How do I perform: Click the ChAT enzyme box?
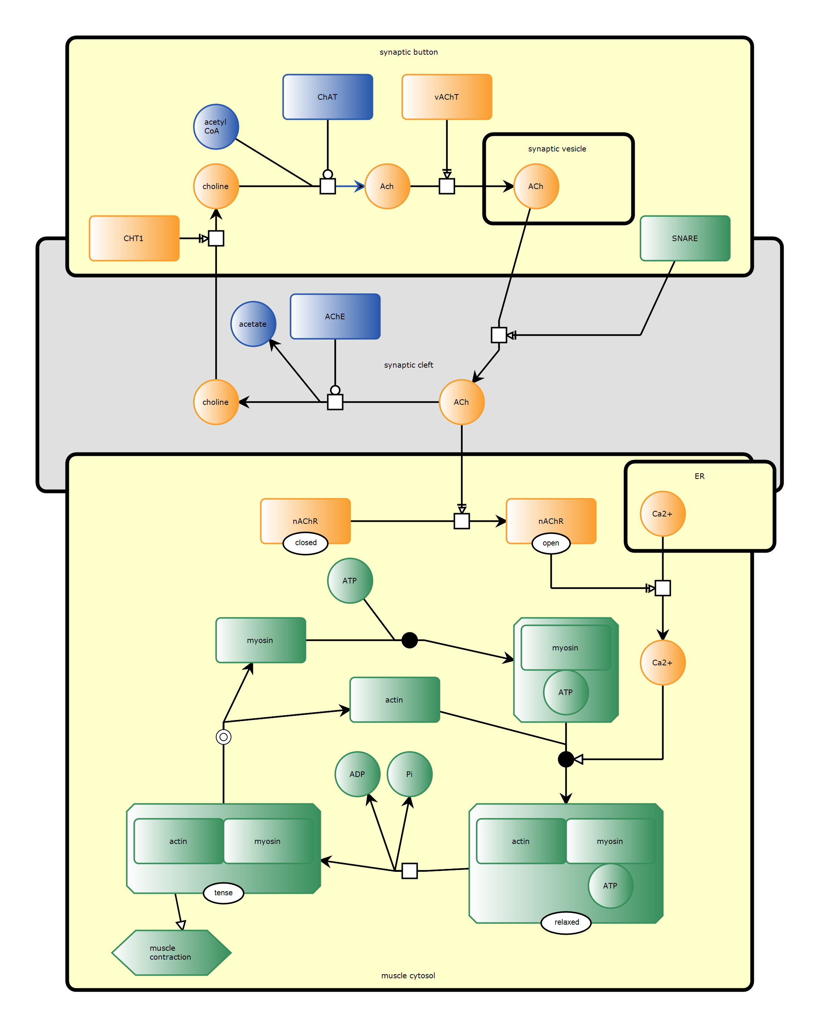pyautogui.click(x=327, y=97)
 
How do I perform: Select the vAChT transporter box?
pyautogui.click(x=446, y=97)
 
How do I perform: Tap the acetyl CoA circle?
pyautogui.click(x=216, y=127)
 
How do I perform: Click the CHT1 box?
pyautogui.click(x=134, y=238)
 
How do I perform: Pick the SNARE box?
pyautogui.click(x=685, y=238)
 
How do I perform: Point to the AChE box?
pyautogui.click(x=335, y=316)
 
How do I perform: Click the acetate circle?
pyautogui.click(x=253, y=324)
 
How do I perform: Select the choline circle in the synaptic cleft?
pyautogui.click(x=216, y=402)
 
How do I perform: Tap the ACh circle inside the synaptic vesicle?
pyautogui.click(x=536, y=186)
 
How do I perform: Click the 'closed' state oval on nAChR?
pyautogui.click(x=305, y=543)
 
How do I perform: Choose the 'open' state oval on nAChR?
pyautogui.click(x=551, y=543)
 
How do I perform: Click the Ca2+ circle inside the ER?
pyautogui.click(x=662, y=513)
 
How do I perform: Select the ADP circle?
pyautogui.click(x=357, y=774)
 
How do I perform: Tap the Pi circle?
pyautogui.click(x=409, y=774)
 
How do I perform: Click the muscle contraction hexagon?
pyautogui.click(x=171, y=953)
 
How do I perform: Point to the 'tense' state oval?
pyautogui.click(x=223, y=893)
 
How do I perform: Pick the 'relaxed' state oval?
pyautogui.click(x=566, y=922)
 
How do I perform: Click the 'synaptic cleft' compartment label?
pyautogui.click(x=408, y=365)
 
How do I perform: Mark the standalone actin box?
pyautogui.click(x=395, y=700)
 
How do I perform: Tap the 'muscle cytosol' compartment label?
pyautogui.click(x=408, y=976)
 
